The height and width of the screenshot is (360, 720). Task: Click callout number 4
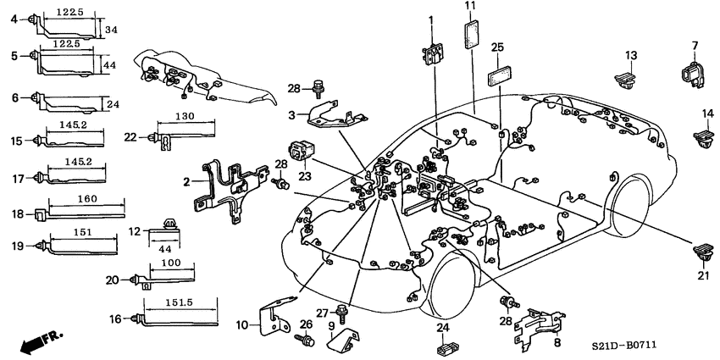point(13,19)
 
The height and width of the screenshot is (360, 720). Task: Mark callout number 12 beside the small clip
point(135,231)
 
